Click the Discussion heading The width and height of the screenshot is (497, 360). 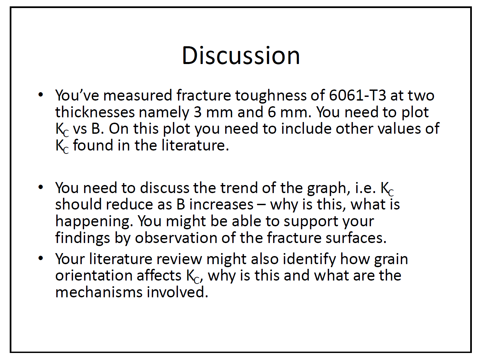[x=241, y=56]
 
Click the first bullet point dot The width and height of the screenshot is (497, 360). [x=41, y=95]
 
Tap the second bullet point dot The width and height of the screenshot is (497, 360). [x=41, y=187]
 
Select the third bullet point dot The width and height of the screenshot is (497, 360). [x=41, y=258]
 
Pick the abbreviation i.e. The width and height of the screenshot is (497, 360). [x=366, y=188]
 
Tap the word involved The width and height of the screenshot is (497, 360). [x=177, y=292]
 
